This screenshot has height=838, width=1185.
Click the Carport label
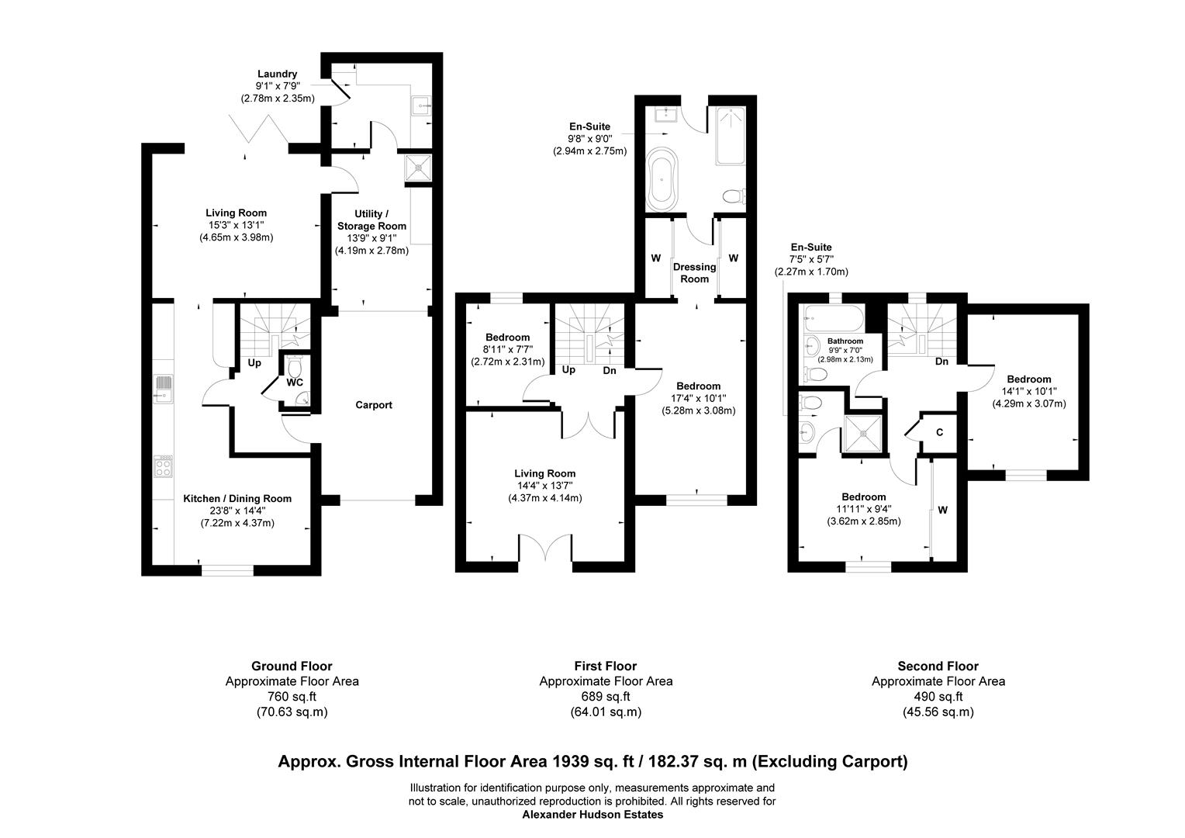374,405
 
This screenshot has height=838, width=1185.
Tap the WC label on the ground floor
295,383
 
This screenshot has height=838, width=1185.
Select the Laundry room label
277,74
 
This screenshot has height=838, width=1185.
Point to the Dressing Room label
694,272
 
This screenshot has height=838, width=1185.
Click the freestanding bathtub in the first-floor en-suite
662,179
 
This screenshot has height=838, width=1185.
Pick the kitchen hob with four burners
163,466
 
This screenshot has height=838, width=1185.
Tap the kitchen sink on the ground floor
163,389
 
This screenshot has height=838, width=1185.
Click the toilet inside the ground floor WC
294,365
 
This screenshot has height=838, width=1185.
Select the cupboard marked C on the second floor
939,432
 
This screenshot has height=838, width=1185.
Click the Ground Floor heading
292,666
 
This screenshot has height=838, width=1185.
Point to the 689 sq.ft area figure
606,697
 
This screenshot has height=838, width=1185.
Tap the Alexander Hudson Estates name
592,815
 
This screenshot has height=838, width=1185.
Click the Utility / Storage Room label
371,220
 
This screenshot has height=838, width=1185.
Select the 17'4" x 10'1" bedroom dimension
698,398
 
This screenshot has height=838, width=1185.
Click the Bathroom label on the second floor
845,341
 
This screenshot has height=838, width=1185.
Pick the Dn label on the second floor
941,362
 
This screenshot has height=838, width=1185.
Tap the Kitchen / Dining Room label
237,499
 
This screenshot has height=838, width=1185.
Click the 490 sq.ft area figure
938,697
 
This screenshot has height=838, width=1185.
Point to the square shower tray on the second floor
862,434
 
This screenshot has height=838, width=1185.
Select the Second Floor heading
938,666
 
